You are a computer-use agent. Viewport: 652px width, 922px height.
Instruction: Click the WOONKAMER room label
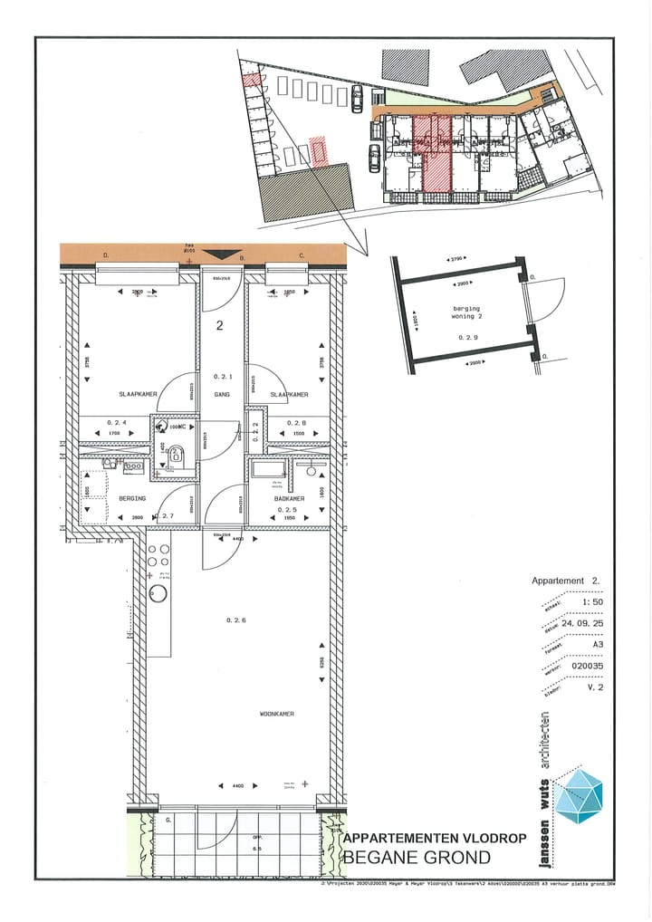point(273,715)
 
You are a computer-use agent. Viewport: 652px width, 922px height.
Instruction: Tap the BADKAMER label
point(290,499)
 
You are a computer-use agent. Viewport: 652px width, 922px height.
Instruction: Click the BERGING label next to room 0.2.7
point(119,499)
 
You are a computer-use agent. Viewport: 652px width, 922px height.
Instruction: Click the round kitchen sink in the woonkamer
point(158,595)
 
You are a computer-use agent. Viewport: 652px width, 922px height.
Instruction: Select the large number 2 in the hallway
point(220,327)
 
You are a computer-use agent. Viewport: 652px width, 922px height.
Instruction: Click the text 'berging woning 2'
point(466,313)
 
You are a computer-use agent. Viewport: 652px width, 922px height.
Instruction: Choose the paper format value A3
point(596,645)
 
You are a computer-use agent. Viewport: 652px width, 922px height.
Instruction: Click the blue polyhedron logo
point(580,796)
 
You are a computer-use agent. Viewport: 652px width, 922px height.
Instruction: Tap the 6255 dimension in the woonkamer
point(321,666)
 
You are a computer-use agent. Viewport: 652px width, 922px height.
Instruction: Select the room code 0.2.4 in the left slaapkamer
point(117,422)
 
